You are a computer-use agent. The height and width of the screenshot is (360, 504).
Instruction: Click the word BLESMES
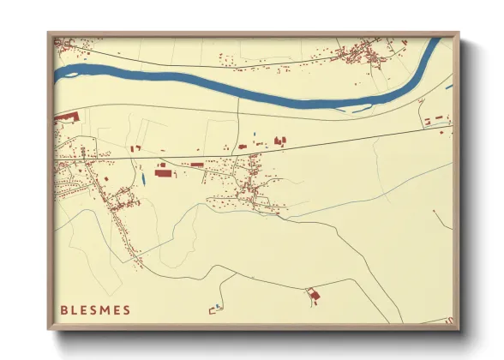pyautogui.click(x=96, y=309)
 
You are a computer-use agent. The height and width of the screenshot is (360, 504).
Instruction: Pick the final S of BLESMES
pyautogui.click(x=127, y=309)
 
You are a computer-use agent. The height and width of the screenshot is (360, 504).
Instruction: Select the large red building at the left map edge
pyautogui.click(x=66, y=117)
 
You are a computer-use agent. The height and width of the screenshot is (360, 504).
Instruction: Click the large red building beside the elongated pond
pyautogui.click(x=163, y=173)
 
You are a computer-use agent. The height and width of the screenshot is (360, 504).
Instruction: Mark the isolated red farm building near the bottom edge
pyautogui.click(x=314, y=296)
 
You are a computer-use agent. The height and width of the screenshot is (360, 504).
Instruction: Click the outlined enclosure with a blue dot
pyautogui.click(x=215, y=308)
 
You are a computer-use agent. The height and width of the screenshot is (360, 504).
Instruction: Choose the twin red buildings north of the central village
pyautogui.click(x=278, y=140)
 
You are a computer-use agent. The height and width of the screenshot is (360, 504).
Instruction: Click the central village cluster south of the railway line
pyautogui.click(x=253, y=180)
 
